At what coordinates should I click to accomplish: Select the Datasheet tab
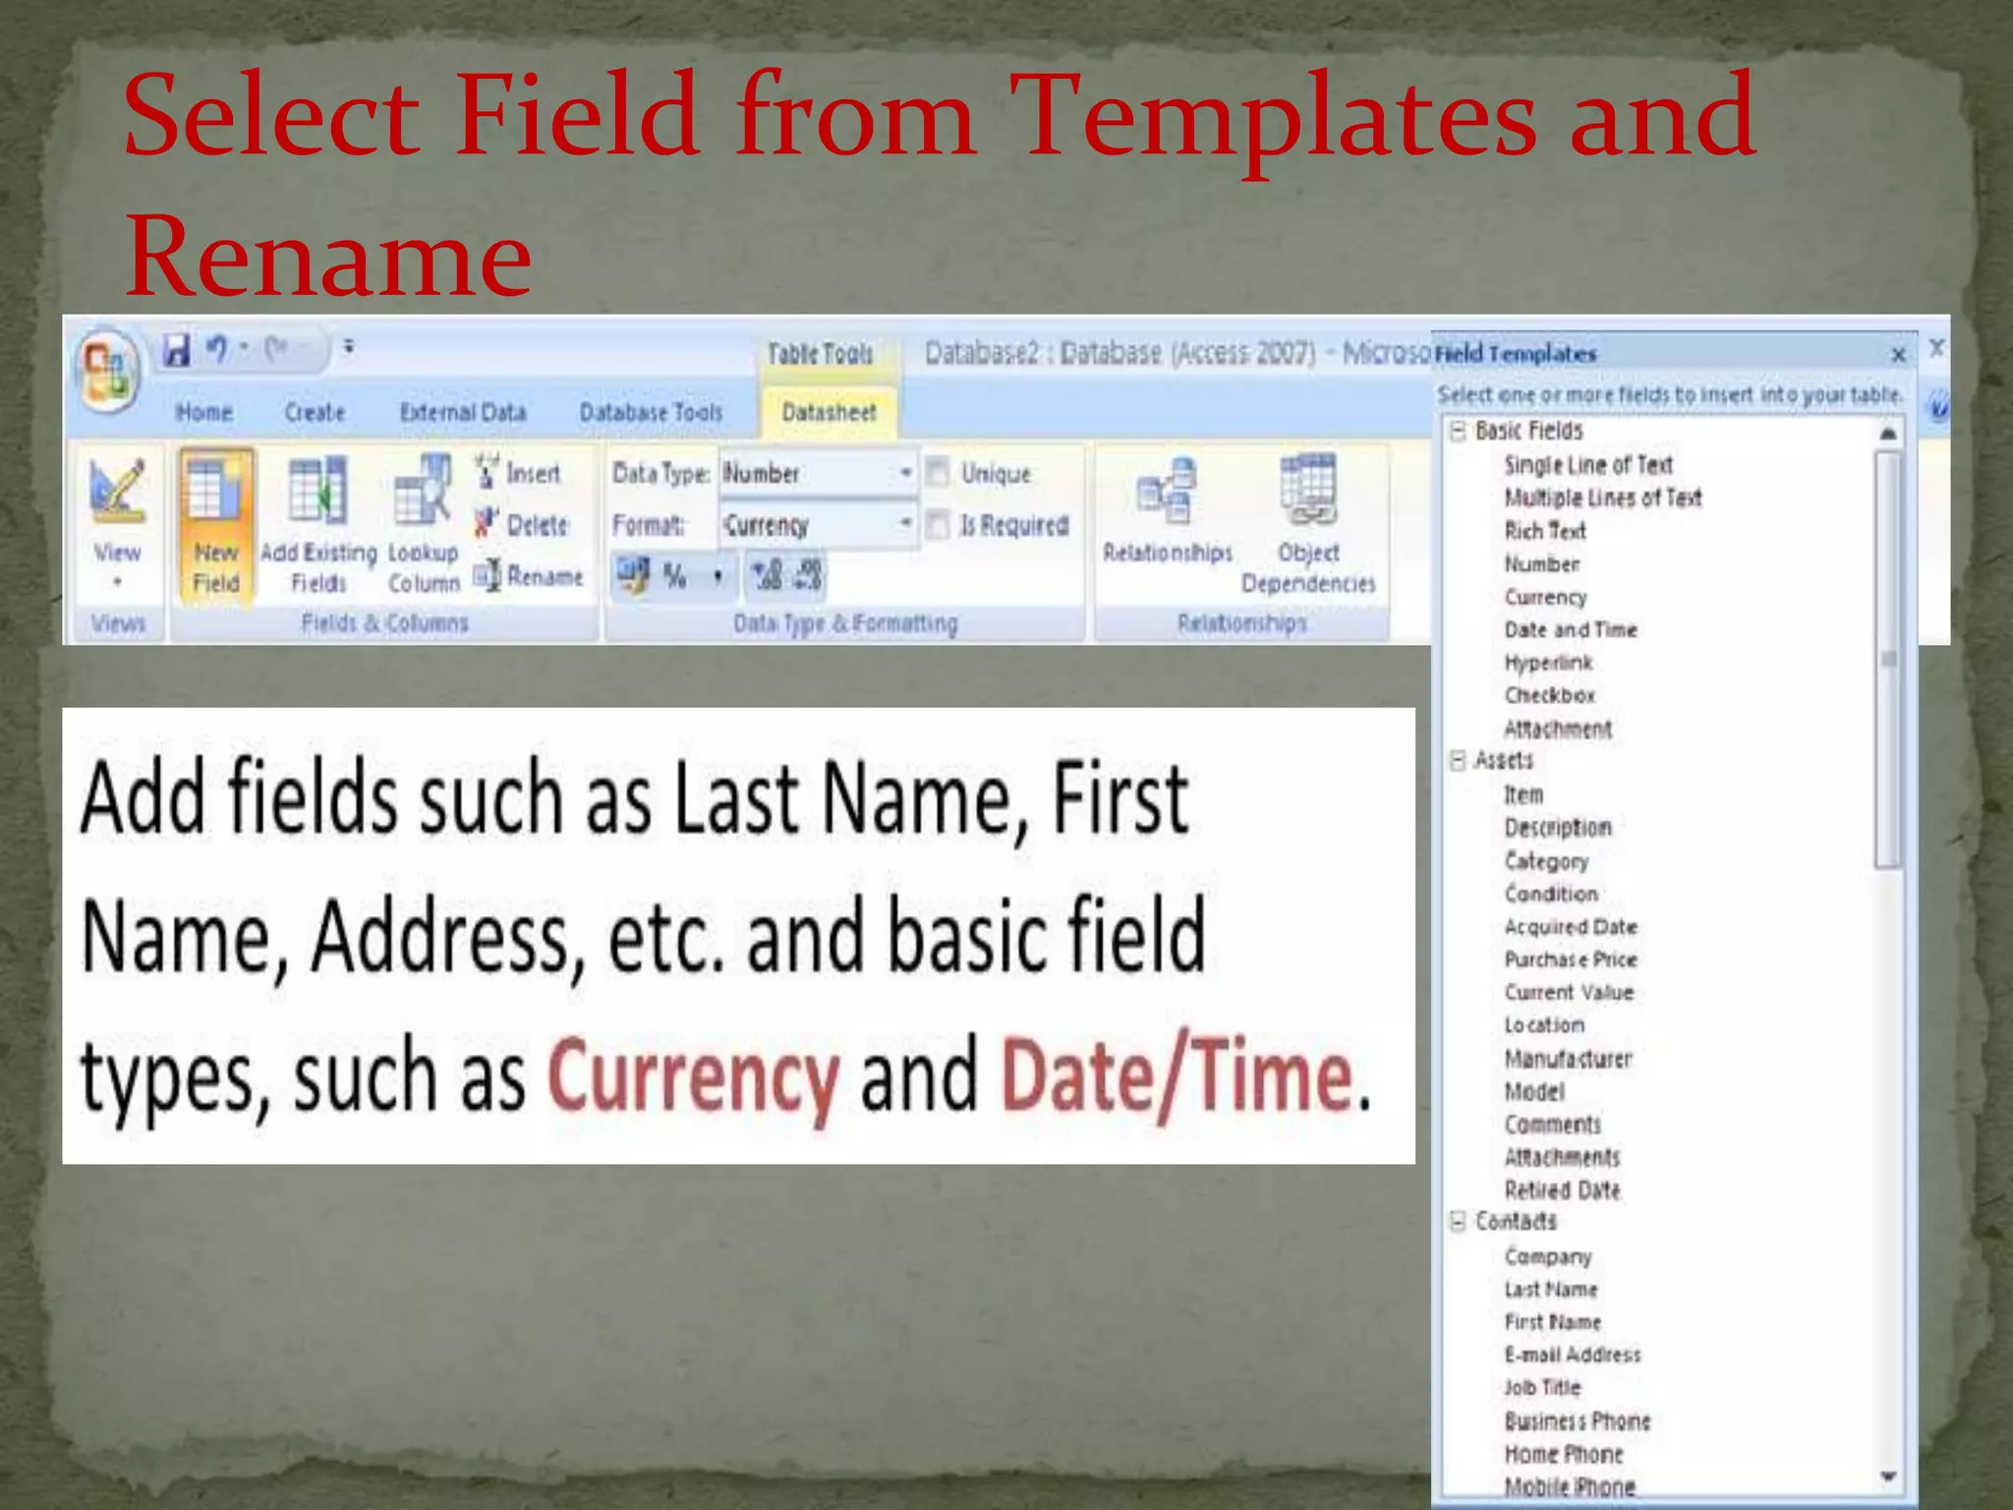(829, 413)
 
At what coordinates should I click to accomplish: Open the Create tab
(315, 413)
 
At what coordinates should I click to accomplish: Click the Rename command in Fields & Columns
(530, 576)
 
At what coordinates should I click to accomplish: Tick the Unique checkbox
(939, 473)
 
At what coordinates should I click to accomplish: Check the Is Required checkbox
(939, 525)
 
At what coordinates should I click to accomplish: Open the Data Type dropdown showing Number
(905, 473)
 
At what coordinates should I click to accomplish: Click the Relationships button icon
(1167, 492)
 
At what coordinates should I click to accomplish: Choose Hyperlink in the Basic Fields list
(1547, 663)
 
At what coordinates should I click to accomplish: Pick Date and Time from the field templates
(1570, 629)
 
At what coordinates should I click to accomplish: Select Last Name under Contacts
(1550, 1289)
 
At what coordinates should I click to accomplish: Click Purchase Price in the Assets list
(1570, 959)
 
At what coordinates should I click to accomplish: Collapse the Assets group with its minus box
(1458, 760)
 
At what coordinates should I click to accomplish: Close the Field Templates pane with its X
(1898, 354)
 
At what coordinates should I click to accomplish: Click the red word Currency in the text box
(693, 1077)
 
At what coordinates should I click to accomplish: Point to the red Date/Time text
(1177, 1077)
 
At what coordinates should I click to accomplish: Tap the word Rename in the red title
(328, 256)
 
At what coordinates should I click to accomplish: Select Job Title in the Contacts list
(1542, 1387)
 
